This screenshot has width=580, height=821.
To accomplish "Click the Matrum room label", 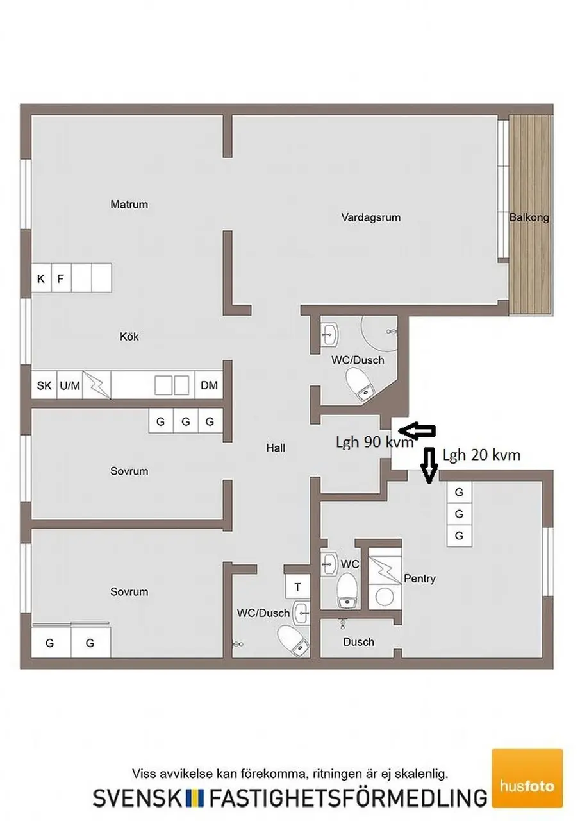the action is pos(129,204).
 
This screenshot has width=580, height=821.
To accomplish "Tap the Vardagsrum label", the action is pos(370,217).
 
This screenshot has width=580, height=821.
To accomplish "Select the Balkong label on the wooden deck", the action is pos(529,217).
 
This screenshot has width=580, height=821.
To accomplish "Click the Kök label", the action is pos(129,337).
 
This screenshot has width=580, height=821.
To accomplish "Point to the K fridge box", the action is pos(41,279).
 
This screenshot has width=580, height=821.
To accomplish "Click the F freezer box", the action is pos(61,279).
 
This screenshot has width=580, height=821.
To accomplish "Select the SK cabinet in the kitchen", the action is pos(44,385).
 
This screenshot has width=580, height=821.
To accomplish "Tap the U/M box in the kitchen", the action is pos(70,385).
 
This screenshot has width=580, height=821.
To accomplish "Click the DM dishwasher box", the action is pos(209,385).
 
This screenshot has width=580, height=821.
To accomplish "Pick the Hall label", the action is pos(276,448).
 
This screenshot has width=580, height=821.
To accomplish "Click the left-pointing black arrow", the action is pos(417,430).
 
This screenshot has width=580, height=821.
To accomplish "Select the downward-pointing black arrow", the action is pos(429,465).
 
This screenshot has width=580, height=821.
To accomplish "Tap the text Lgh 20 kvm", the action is pos(481,455).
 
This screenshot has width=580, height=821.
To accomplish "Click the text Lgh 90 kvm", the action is pos(374,443).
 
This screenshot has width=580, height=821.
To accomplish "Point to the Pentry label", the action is pos(420,579).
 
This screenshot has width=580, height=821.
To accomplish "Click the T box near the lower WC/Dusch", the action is pos(297,587).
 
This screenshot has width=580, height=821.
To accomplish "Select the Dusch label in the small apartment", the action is pos(358,642).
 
